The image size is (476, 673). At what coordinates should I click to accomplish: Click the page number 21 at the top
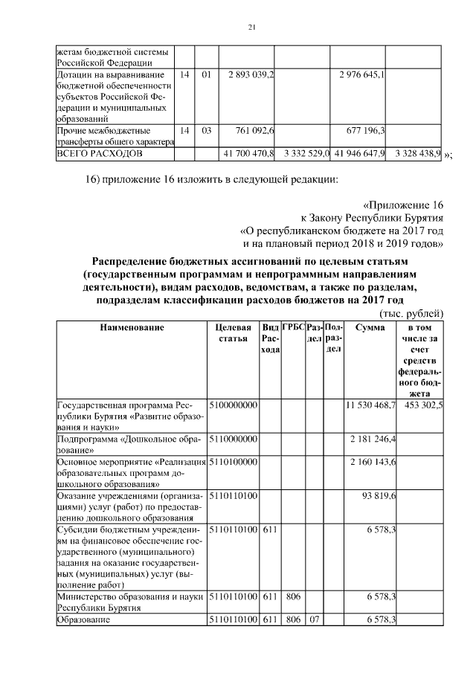click(251, 28)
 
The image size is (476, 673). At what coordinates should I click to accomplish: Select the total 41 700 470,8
click(249, 153)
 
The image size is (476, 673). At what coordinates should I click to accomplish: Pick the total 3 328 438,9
click(417, 153)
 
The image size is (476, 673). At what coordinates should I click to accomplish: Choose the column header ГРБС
click(293, 327)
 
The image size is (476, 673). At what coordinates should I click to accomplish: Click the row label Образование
click(84, 620)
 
